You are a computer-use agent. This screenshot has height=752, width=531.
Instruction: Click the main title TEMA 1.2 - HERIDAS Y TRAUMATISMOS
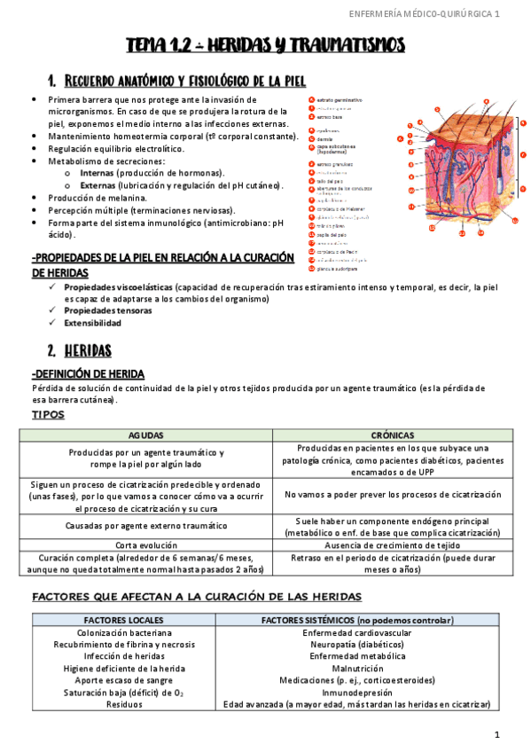[x=265, y=45]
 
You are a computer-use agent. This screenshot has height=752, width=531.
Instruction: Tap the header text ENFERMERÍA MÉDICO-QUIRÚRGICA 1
[x=425, y=14]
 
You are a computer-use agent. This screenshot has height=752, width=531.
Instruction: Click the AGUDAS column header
[x=146, y=435]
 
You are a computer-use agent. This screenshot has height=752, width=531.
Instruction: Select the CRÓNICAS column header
[x=392, y=435]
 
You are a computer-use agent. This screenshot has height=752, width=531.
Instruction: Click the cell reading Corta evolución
[x=146, y=544]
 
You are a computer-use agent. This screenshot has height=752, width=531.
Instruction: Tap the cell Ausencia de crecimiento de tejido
[x=392, y=544]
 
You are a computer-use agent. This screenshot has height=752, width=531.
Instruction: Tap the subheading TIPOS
[x=48, y=414]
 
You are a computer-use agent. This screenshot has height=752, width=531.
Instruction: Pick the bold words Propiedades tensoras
[x=107, y=310]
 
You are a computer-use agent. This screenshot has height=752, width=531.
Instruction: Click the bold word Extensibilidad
[x=93, y=323]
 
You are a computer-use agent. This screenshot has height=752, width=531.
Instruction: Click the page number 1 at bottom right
[x=498, y=734]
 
